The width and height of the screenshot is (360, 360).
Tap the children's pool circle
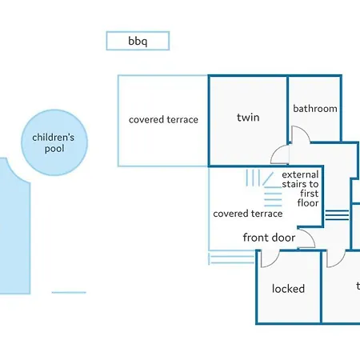(54, 142)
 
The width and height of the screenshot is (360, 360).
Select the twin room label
(248, 118)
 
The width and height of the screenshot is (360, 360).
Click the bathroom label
(315, 109)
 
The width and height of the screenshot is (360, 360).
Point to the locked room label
(288, 289)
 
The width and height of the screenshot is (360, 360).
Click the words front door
(269, 238)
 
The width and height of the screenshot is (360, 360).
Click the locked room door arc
(272, 262)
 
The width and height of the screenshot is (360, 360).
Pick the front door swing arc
(310, 235)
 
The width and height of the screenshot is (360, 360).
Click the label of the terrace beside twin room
(163, 120)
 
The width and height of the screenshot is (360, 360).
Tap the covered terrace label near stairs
(248, 214)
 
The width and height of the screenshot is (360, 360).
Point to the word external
(300, 174)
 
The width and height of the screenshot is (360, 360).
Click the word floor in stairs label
(308, 203)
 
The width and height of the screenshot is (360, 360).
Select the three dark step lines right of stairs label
(337, 215)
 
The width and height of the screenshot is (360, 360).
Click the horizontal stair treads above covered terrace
(273, 197)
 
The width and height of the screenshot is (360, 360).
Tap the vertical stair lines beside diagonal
(253, 178)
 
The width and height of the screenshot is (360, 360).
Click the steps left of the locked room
(231, 259)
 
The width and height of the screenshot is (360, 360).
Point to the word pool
(54, 149)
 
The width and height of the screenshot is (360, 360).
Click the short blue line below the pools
(69, 293)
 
